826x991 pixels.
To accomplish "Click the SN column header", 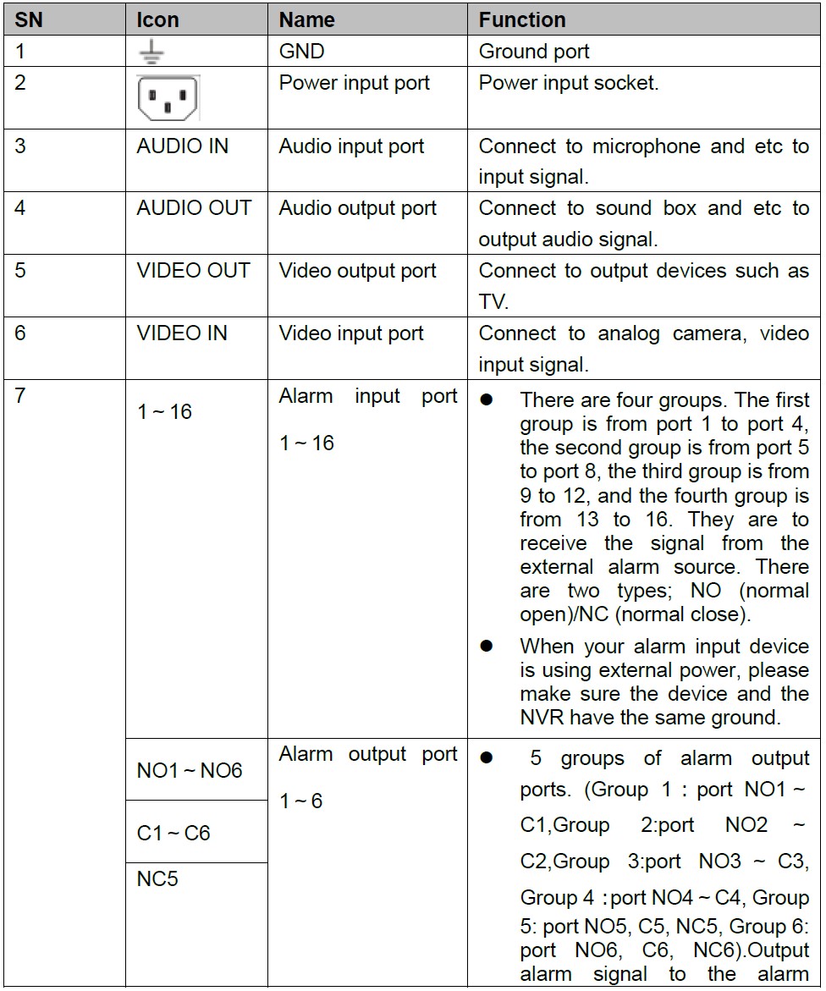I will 29,19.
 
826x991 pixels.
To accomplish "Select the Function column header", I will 521,19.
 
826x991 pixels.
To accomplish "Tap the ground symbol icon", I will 151,52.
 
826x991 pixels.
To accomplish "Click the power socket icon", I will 168,98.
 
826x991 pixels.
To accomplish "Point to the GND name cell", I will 301,52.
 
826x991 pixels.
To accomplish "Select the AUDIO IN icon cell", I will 182,146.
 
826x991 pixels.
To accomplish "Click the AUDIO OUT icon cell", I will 193,208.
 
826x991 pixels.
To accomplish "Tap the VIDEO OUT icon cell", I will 193,271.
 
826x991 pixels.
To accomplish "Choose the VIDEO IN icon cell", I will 182,333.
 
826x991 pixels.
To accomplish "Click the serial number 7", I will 19,396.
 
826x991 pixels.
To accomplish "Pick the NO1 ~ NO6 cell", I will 190,771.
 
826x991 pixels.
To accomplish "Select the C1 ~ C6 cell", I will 173,834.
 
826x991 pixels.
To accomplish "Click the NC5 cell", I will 157,879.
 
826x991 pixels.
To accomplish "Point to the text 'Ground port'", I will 534,52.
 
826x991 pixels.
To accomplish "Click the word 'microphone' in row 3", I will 647,146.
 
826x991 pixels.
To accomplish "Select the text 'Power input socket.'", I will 568,83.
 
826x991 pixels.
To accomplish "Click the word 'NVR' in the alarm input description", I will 544,718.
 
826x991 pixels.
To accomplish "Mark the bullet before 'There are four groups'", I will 487,399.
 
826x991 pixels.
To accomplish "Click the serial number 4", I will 19,208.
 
